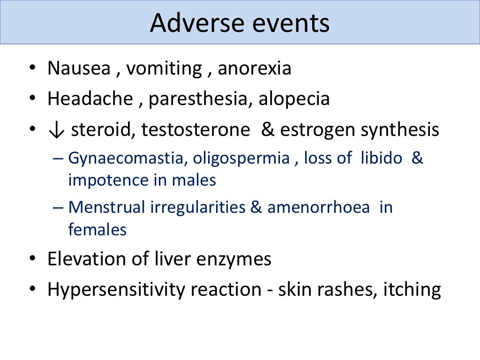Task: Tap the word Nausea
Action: (x=78, y=68)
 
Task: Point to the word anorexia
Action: (x=255, y=68)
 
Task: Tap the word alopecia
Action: (x=294, y=99)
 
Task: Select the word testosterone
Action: (x=196, y=130)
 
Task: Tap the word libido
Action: (x=381, y=158)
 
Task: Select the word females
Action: (x=97, y=230)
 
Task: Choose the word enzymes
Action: (x=239, y=259)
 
